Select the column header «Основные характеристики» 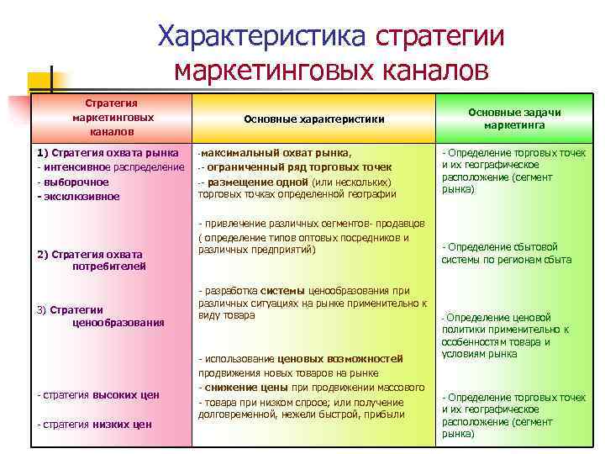(x=313, y=119)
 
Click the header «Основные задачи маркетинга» (x=514, y=119)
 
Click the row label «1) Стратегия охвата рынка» (x=107, y=153)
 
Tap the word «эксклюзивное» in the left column (x=82, y=196)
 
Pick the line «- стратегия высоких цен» (x=97, y=394)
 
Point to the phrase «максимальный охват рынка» (x=276, y=153)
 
